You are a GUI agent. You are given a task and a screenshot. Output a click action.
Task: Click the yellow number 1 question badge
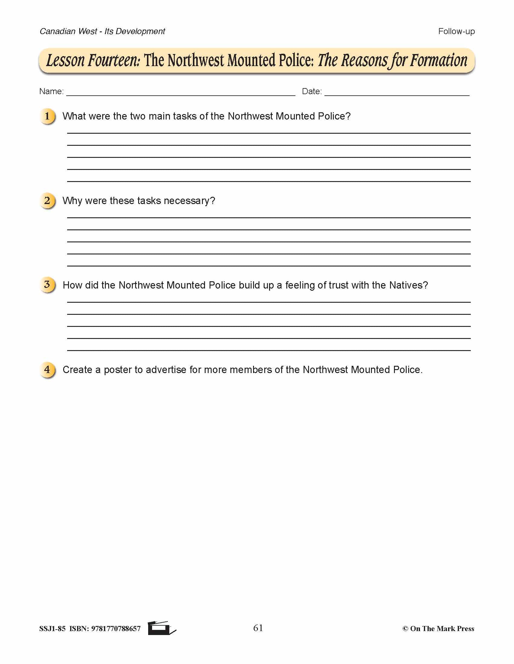pyautogui.click(x=47, y=116)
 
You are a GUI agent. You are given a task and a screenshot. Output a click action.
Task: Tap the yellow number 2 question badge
pyautogui.click(x=47, y=201)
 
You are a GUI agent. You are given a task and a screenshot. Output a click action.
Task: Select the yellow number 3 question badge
pyautogui.click(x=47, y=285)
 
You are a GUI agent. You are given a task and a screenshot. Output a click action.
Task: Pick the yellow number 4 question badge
pyautogui.click(x=47, y=370)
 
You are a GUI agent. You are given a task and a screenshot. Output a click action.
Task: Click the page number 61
pyautogui.click(x=258, y=628)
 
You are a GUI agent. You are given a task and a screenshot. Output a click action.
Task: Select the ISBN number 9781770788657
pyautogui.click(x=116, y=629)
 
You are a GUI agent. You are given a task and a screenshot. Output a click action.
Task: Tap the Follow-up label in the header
pyautogui.click(x=456, y=31)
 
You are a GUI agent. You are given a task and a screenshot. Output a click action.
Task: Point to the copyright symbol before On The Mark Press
pyautogui.click(x=405, y=629)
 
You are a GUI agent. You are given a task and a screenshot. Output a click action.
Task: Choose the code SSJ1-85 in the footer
pyautogui.click(x=52, y=629)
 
